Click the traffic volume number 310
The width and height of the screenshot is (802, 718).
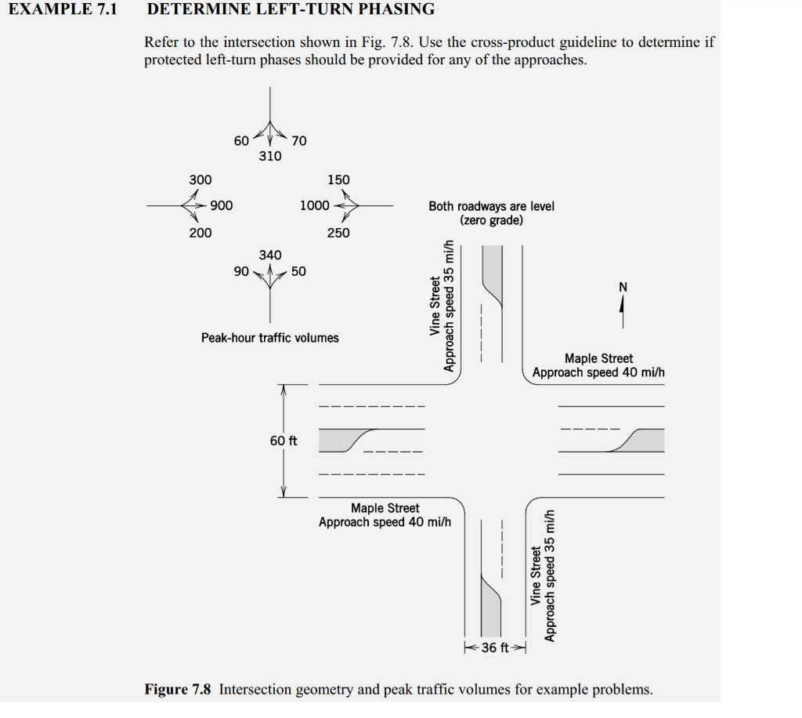tap(270, 156)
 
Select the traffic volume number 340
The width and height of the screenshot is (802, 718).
tap(270, 255)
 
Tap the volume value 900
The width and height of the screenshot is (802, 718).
tap(221, 205)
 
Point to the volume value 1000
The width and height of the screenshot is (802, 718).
tap(314, 205)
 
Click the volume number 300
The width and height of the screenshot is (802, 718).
tap(200, 179)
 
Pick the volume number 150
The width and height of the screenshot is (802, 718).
tap(338, 179)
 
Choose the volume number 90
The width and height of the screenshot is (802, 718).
tap(241, 271)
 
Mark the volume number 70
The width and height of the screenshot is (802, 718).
tap(299, 141)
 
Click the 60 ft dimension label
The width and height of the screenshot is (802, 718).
tap(284, 441)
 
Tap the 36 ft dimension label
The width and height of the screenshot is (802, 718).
tap(495, 648)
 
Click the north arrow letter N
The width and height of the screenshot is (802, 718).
tap(623, 287)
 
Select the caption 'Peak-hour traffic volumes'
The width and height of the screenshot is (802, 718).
tap(270, 338)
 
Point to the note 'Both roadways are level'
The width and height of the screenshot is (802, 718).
tap(491, 206)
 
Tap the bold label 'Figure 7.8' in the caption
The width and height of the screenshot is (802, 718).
tap(178, 690)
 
